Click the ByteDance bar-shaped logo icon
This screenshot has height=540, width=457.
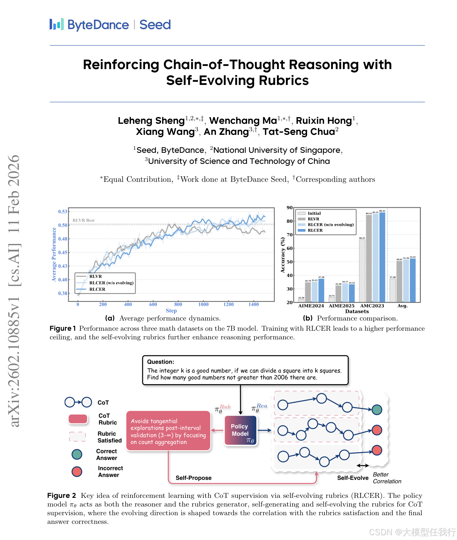click(x=57, y=25)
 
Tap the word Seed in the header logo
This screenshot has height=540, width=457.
click(x=155, y=25)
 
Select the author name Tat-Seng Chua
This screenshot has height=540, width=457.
click(x=299, y=132)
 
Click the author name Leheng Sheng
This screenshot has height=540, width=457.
click(x=151, y=120)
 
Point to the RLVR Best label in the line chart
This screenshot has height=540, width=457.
click(x=83, y=220)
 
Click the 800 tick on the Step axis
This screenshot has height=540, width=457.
click(x=178, y=304)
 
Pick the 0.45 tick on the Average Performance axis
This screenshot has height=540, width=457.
click(x=63, y=252)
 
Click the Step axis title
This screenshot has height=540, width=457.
click(x=171, y=311)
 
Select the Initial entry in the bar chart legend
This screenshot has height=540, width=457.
click(x=314, y=213)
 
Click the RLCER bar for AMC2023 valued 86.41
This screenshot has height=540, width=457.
click(x=382, y=257)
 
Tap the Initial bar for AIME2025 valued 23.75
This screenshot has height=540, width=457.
click(x=332, y=300)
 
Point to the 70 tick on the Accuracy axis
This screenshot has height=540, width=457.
click(x=290, y=235)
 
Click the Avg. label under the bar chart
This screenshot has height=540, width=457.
click(x=402, y=306)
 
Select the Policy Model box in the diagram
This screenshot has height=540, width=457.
click(x=240, y=430)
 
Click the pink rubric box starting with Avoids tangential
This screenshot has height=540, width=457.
click(x=168, y=431)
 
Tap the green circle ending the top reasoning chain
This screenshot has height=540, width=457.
click(x=377, y=410)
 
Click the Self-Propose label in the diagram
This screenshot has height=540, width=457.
click(x=194, y=478)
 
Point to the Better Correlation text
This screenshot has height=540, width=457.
click(x=387, y=478)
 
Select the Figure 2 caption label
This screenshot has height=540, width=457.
click(x=61, y=495)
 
